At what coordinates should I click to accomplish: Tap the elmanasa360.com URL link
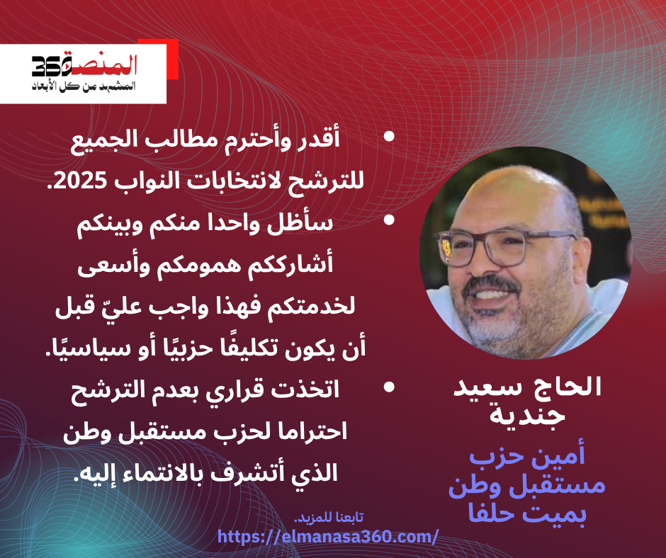(327, 537)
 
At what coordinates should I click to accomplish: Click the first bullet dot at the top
(389, 137)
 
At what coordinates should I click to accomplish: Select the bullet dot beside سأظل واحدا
(389, 220)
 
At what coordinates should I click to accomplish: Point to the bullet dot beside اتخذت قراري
(389, 387)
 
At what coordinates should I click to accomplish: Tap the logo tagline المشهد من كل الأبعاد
(84, 86)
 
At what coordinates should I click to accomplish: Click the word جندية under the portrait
(528, 415)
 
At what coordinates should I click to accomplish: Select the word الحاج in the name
(570, 387)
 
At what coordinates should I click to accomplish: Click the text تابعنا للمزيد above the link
(329, 518)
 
